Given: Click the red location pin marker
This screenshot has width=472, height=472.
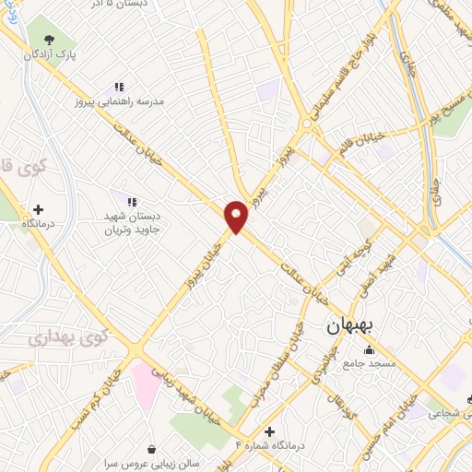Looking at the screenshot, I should [237, 215].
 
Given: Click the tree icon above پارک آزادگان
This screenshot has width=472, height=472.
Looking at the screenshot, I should [49, 39].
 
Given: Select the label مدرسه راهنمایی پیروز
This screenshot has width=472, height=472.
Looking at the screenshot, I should [127, 100].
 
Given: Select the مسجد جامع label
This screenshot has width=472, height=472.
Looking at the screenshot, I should [369, 364].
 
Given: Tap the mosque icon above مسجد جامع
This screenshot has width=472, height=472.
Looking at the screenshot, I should [370, 349].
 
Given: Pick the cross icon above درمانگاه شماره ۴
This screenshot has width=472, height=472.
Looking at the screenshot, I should [269, 431].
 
